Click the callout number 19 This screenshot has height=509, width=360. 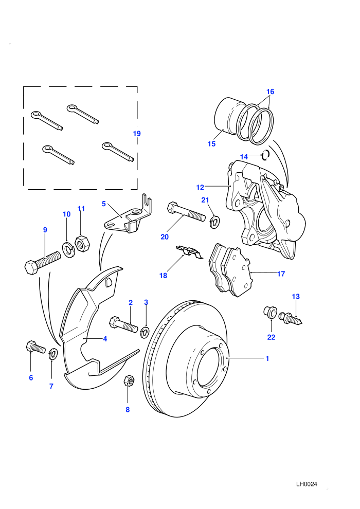137,133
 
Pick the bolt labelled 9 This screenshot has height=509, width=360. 43,263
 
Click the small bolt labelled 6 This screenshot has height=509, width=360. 35,348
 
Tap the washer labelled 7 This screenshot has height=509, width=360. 53,354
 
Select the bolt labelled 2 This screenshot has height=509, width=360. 123,324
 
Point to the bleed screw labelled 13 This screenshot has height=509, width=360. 291,318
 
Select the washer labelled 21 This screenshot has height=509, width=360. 214,222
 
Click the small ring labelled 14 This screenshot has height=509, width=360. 265,155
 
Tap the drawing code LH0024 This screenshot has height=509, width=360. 307,484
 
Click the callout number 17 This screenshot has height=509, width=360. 281,274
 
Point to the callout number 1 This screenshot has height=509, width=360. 267,358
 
